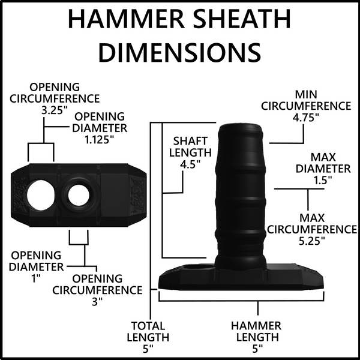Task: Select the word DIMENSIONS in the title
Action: coord(180,52)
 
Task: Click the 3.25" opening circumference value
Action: coord(55,110)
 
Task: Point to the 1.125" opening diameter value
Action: coord(100,140)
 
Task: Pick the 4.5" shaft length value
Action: coord(190,164)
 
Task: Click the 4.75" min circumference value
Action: coord(306,118)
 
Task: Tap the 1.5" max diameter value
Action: coord(323,180)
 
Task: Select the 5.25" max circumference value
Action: coord(312,241)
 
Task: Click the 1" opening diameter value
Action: coord(35,279)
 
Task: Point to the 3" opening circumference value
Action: coord(97,302)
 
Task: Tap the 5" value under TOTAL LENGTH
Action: coord(148,349)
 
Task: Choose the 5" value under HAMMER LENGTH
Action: coord(257,349)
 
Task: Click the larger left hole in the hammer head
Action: coord(40,195)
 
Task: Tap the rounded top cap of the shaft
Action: coord(240,129)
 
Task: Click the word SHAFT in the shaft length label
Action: coord(190,141)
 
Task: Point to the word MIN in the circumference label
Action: coord(306,95)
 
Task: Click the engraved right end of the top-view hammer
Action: coord(137,196)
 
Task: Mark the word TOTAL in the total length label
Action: coord(148,326)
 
